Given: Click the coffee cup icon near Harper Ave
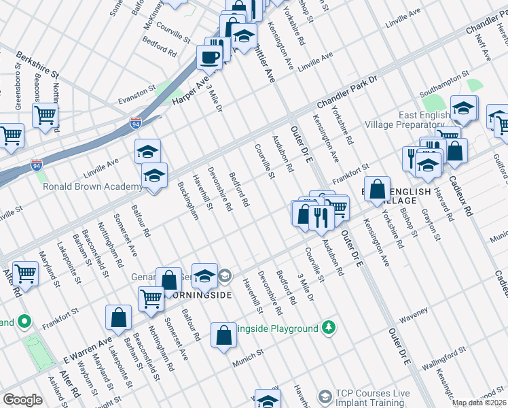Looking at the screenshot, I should coord(210,57).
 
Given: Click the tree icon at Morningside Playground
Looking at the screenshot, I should coord(329,328).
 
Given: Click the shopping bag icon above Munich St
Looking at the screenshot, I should coord(223,335).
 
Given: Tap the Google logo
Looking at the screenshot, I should coord(22,400).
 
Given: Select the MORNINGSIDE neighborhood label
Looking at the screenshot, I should coord(197,295).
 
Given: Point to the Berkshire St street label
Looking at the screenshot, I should coord(39,65).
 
